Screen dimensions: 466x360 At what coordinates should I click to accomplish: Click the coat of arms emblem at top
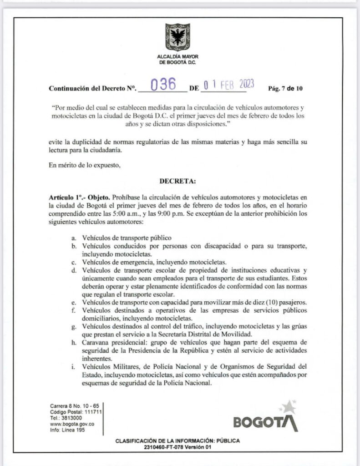(177, 37)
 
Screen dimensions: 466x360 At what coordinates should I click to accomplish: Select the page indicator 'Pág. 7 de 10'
(285, 89)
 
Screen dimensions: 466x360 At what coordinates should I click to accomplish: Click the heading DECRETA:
(177, 181)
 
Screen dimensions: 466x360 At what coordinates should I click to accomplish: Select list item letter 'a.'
(73, 238)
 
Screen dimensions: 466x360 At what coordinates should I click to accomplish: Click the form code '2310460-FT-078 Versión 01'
(177, 447)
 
